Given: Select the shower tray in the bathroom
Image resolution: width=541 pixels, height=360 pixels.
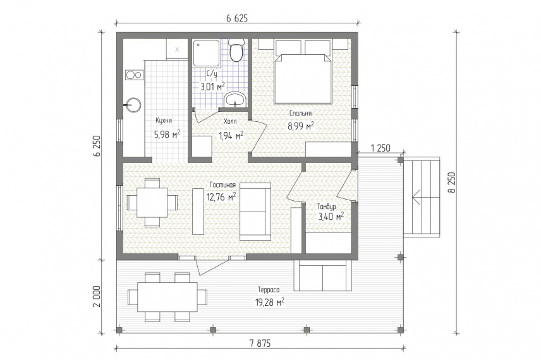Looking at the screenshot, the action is click(x=206, y=53).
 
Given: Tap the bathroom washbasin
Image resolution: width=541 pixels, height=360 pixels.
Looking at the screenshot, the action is click(x=235, y=100).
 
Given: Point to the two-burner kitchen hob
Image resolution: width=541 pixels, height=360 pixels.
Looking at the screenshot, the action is click(x=133, y=75).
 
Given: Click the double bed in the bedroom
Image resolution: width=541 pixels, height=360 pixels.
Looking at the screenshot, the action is click(x=303, y=78).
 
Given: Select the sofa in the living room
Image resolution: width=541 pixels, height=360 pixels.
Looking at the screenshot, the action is click(x=255, y=212).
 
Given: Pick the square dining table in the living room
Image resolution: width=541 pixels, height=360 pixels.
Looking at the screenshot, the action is click(x=152, y=202).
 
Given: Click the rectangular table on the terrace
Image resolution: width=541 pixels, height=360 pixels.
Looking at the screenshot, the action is click(x=167, y=297).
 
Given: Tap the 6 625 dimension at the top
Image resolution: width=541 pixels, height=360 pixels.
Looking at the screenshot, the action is click(x=237, y=18).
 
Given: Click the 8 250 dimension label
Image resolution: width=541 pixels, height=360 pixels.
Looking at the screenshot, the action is click(x=453, y=183).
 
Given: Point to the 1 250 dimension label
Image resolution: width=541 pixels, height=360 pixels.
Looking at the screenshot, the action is click(x=380, y=148).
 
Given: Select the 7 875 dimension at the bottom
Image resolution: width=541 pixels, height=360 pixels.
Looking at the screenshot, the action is click(x=260, y=344).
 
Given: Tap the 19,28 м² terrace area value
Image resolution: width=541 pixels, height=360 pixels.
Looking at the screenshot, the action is click(x=270, y=302).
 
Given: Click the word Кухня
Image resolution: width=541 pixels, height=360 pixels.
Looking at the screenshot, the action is click(x=164, y=121).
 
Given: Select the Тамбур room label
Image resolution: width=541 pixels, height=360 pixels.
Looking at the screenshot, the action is click(x=326, y=207).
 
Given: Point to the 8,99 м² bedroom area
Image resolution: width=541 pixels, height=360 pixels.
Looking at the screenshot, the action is click(x=301, y=126).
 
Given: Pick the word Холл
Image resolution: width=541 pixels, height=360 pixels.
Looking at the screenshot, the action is click(x=230, y=121).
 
